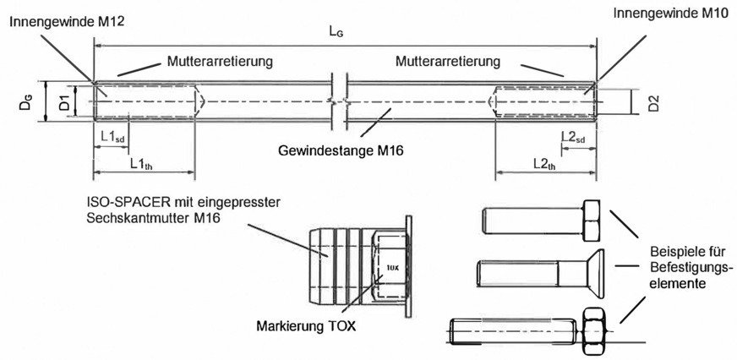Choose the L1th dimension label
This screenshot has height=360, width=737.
point(142,163)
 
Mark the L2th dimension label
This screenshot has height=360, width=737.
point(544,163)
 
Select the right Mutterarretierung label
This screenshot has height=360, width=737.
point(446,61)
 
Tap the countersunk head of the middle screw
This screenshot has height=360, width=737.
point(596,273)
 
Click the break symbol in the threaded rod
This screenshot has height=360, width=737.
point(341,101)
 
